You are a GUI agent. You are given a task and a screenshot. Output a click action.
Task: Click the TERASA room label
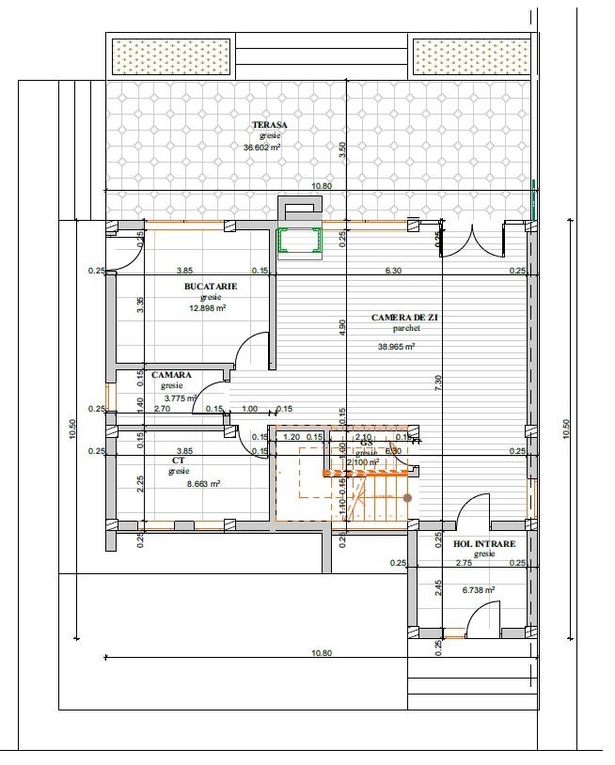[x=269, y=125]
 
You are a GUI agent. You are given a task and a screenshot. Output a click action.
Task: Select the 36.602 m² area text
[x=262, y=148]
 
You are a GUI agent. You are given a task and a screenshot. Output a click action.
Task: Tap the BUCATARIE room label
[x=211, y=286]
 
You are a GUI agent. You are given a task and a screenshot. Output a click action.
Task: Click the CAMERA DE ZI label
[x=404, y=318]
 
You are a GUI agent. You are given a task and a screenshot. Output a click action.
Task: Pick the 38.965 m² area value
[x=396, y=346]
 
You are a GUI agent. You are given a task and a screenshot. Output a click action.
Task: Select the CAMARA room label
[x=171, y=375]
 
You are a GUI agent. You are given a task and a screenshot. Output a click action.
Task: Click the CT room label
[x=179, y=461]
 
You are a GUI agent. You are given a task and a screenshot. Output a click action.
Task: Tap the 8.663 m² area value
[x=202, y=483]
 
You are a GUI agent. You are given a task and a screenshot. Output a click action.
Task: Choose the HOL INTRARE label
[x=484, y=543]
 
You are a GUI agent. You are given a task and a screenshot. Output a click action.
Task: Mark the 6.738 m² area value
[x=479, y=590]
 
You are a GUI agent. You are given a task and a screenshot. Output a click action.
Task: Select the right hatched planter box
[x=473, y=56]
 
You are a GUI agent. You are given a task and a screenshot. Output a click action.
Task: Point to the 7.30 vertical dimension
[x=438, y=382]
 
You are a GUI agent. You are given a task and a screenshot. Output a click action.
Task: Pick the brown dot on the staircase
[x=407, y=497]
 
